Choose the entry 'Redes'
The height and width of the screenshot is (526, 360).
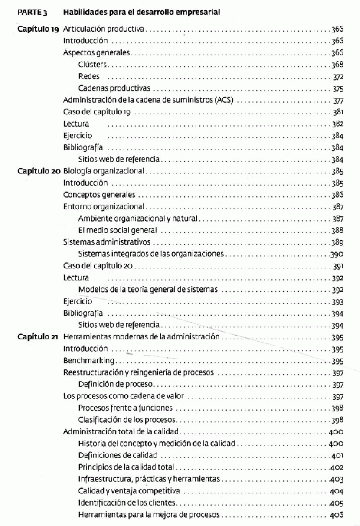[89, 76]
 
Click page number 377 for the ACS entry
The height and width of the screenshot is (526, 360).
[337, 100]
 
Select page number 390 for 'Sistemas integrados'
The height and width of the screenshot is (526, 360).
[337, 254]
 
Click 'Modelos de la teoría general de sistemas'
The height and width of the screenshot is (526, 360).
[148, 289]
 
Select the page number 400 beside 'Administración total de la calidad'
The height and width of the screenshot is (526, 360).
[336, 432]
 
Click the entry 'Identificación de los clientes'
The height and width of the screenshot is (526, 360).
[128, 503]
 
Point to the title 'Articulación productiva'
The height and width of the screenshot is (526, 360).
[104, 29]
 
